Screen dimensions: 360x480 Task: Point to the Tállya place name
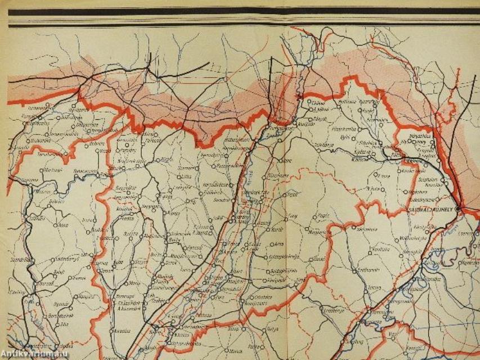[x=272, y=328]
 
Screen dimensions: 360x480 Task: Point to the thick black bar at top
[x=242, y=11]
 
